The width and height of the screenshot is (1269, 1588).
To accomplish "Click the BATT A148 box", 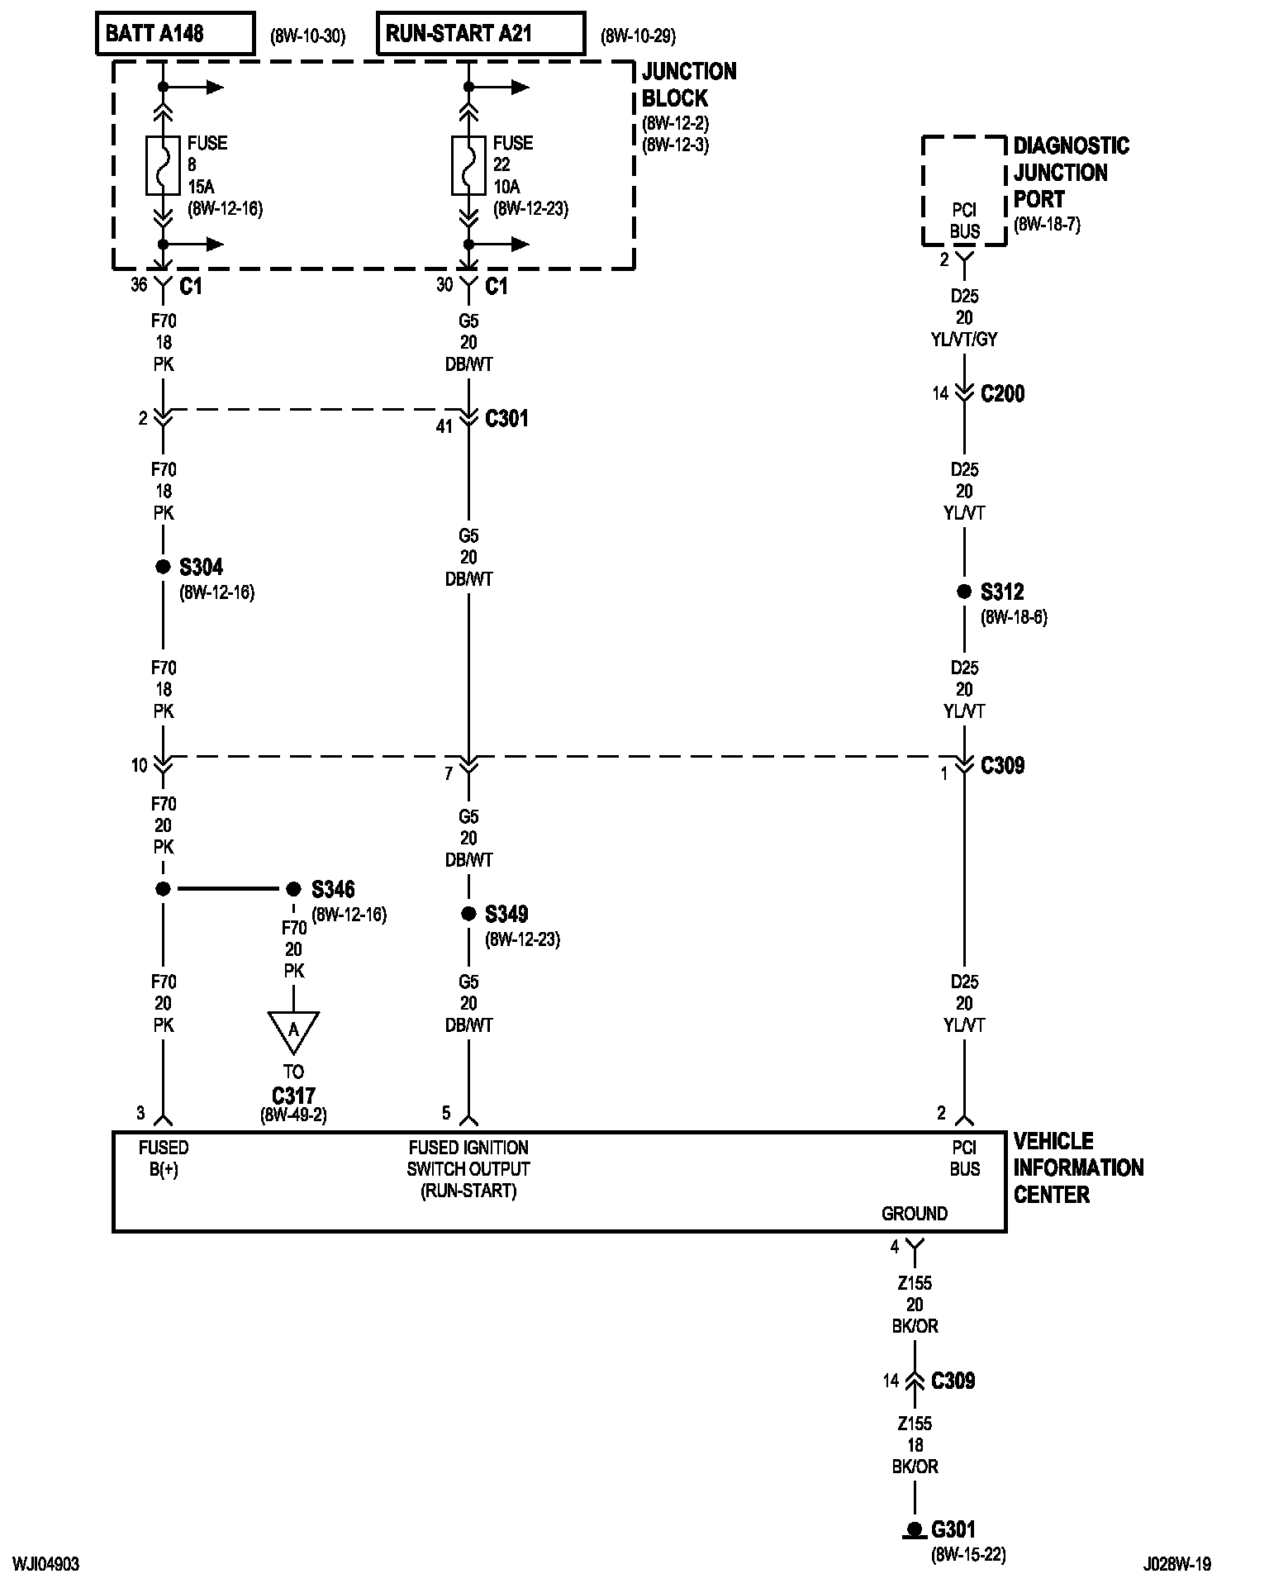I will pos(175,34).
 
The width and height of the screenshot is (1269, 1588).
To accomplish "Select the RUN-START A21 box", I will pos(481,34).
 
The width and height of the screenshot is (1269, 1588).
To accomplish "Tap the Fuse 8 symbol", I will pos(163,165).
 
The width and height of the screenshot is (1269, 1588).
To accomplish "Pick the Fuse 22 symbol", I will pos(468,165).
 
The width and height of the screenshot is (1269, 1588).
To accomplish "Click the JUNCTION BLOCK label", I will pos(688,84).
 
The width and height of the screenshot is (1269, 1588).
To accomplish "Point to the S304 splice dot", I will pos(163,567).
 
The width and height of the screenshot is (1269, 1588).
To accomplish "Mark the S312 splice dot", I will pos(964,592).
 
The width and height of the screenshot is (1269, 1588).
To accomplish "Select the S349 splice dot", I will pos(468,914).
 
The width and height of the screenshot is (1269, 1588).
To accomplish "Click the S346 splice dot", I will pos(293,889).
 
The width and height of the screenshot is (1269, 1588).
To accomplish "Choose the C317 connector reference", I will pos(293,1096).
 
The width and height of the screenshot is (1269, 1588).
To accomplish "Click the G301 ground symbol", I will pos(914,1530).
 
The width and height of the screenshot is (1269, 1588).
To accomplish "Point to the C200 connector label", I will pos(1002,393).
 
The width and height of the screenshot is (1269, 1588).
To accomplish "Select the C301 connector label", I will pos(506,419).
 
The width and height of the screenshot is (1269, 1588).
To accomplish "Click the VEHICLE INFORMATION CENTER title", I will pos(1077,1167).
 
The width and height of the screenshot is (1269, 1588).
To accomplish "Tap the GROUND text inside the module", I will pos(914,1214).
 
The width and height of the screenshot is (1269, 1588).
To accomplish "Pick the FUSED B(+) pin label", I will pos(164,1158).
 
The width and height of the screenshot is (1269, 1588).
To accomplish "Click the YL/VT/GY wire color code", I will pos(964,340).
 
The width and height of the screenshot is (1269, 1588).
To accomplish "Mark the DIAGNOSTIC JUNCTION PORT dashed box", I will pos(964,191).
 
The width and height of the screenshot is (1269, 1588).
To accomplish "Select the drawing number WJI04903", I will pos(46,1565).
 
